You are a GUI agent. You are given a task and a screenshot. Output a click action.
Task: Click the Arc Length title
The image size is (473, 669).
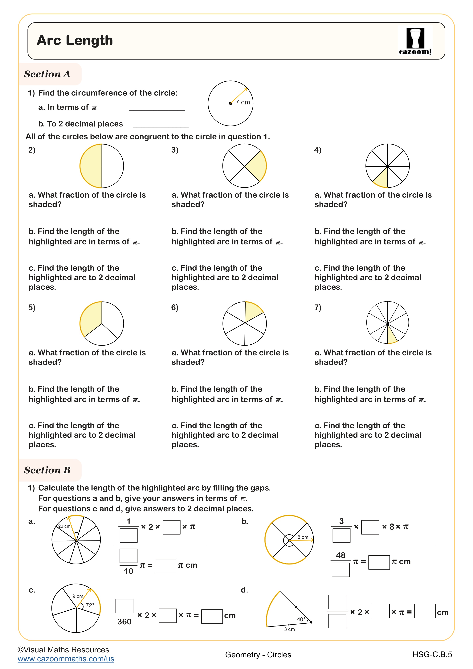(x=75, y=40)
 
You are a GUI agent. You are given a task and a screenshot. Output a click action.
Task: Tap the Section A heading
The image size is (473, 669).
(x=47, y=74)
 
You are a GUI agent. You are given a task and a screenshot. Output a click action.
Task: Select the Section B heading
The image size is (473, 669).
(x=47, y=470)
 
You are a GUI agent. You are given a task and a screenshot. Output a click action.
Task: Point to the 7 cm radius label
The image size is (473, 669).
(x=243, y=102)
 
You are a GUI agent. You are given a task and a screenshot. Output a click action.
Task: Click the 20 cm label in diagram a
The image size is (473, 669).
(x=64, y=526)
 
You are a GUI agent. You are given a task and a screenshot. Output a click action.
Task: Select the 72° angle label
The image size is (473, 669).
(x=90, y=605)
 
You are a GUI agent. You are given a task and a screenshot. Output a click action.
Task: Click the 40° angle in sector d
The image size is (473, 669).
(x=301, y=619)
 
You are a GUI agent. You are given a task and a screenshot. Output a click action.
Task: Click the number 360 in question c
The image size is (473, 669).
(x=124, y=622)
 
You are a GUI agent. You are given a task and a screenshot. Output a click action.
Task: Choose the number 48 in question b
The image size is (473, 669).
(x=340, y=555)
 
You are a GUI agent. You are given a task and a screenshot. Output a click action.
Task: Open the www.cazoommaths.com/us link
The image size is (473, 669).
(x=66, y=659)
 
